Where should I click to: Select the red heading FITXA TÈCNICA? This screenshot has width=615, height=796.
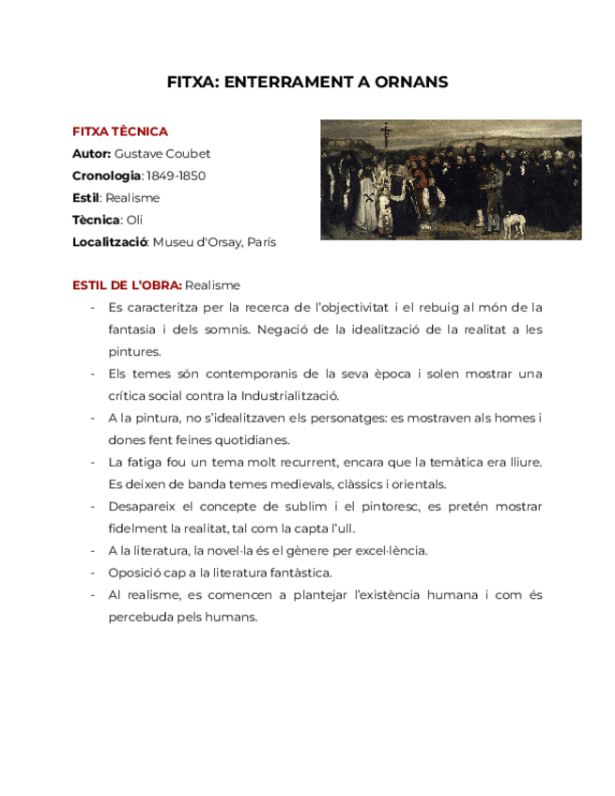pos(120,131)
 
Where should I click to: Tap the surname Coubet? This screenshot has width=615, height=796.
pos(188,154)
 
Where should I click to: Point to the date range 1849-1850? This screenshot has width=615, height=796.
pos(177,176)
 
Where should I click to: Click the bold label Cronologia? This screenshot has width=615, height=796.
pos(106,176)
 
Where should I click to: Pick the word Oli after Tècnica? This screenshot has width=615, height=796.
pos(134,220)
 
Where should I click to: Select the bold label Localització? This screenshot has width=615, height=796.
pos(110,242)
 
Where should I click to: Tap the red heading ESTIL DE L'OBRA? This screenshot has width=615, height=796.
pos(127,285)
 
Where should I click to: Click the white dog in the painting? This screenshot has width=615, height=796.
pos(512,223)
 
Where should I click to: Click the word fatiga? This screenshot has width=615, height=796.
pos(142,462)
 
